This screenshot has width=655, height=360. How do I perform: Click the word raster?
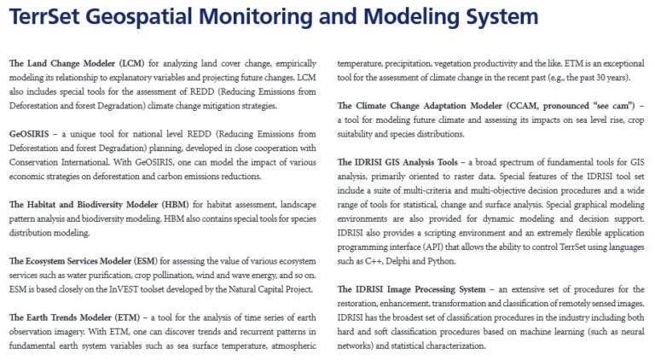tap(470, 176)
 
